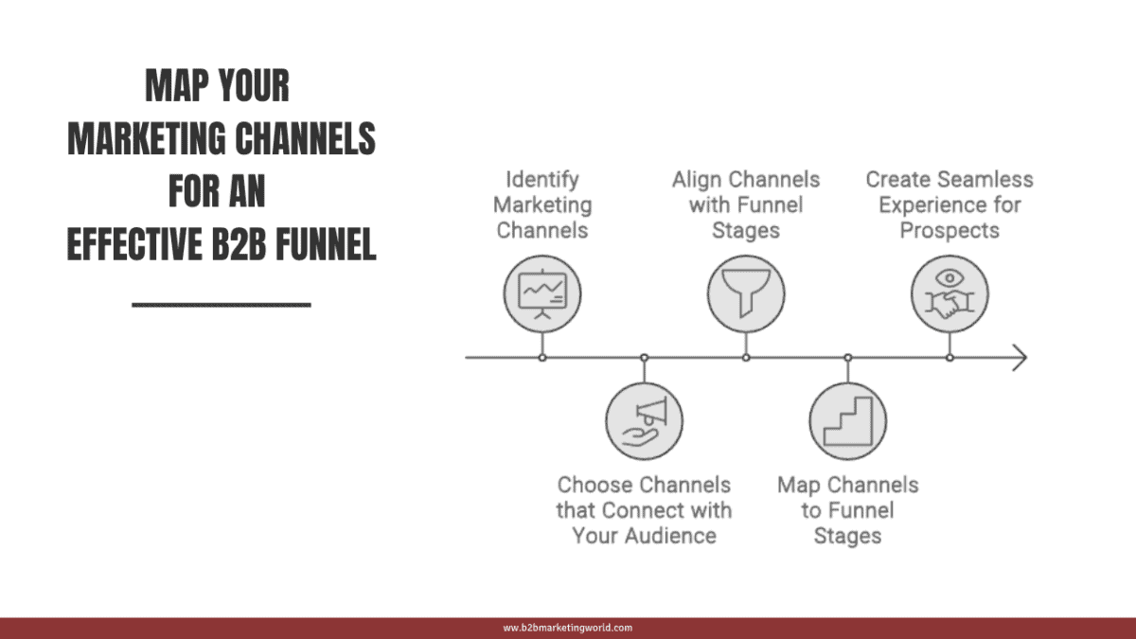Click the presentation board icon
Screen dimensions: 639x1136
click(541, 295)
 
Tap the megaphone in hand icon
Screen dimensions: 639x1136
click(644, 420)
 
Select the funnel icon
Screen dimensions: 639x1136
click(746, 295)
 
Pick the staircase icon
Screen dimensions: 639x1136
click(848, 420)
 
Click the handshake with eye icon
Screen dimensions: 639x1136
click(950, 295)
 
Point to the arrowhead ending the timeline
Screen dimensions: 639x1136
click(1021, 358)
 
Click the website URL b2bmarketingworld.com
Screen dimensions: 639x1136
click(567, 628)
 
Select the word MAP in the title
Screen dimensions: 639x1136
click(175, 87)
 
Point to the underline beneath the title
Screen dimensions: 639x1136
click(222, 305)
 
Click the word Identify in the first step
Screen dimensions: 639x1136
click(541, 179)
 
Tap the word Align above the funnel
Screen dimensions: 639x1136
click(699, 179)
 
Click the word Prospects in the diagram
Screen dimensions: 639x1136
click(950, 230)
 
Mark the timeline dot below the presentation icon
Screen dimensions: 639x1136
click(541, 358)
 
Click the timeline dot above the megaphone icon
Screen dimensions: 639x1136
click(644, 358)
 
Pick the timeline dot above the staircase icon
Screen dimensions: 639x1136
click(848, 358)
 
